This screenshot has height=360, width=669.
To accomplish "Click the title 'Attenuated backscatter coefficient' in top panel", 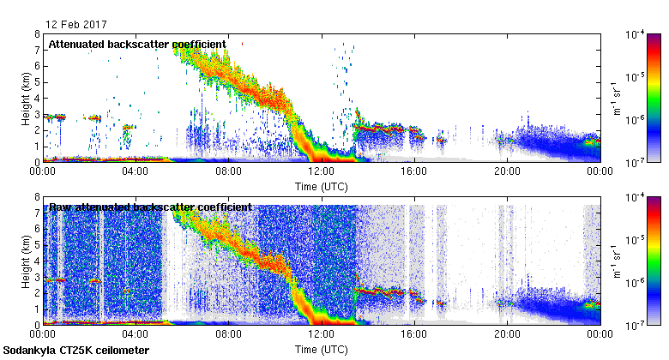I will click(x=137, y=44).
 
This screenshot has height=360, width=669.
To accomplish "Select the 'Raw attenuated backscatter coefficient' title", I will click(x=150, y=207).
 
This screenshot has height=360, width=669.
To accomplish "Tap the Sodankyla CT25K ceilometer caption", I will click(x=76, y=351).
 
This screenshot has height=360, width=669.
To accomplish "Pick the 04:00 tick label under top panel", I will click(x=136, y=171).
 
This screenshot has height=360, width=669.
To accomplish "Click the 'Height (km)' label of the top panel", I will click(x=27, y=98).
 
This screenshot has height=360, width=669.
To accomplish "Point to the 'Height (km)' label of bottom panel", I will click(x=27, y=261).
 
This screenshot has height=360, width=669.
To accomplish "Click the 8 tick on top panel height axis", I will click(x=37, y=34).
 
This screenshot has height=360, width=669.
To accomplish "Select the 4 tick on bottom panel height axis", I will click(x=37, y=261).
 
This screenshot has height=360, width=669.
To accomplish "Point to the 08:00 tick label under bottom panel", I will click(x=228, y=333).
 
